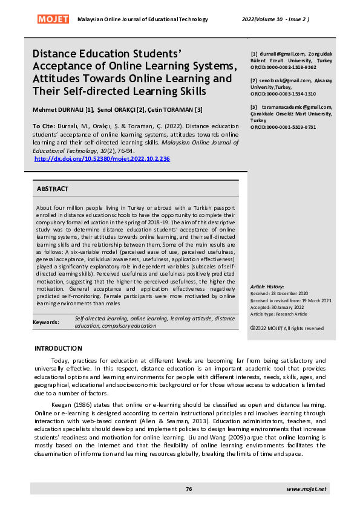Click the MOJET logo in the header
[x=54, y=19]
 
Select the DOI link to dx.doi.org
[x=102, y=158]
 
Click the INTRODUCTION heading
[x=58, y=348]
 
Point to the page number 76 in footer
[x=189, y=488]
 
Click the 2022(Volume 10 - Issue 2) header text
[x=276, y=19]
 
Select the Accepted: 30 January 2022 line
[x=280, y=306]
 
